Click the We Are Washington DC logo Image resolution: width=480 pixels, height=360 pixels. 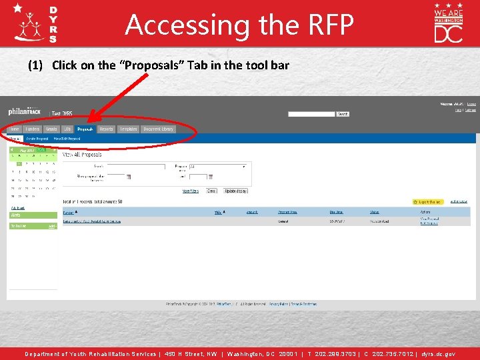pyautogui.click(x=448, y=23)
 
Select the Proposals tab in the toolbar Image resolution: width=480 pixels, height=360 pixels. pyautogui.click(x=85, y=129)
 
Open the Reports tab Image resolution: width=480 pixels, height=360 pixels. pyautogui.click(x=106, y=129)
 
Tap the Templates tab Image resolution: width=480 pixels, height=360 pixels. pyautogui.click(x=128, y=129)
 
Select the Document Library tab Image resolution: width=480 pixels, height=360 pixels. pyautogui.click(x=158, y=129)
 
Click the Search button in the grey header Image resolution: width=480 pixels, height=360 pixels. pyautogui.click(x=343, y=114)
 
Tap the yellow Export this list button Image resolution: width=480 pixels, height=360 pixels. pyautogui.click(x=427, y=201)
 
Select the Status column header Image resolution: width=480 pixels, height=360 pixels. pyautogui.click(x=375, y=212)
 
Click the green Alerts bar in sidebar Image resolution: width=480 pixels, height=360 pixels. pyautogui.click(x=33, y=215)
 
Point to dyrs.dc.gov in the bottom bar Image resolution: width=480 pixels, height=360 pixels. pyautogui.click(x=437, y=354)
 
